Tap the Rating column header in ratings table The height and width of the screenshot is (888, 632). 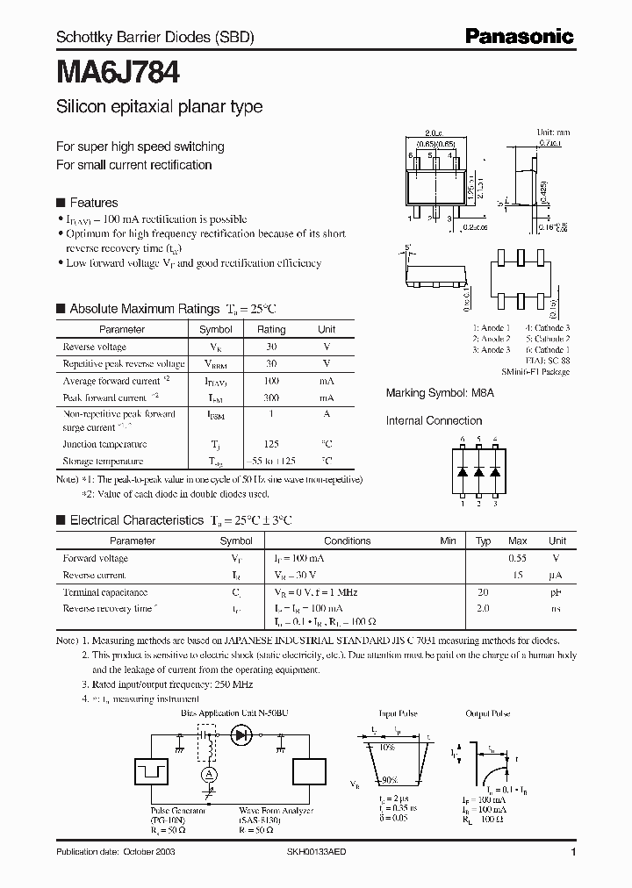pos(271,329)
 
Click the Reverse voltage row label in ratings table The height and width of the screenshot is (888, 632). pos(95,347)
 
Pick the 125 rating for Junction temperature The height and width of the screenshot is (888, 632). pos(271,444)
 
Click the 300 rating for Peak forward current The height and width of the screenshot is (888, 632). pos(271,397)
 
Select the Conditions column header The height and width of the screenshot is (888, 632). pos(348,541)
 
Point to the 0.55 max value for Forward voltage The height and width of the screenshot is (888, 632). pos(518,558)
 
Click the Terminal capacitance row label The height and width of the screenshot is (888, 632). pos(105,592)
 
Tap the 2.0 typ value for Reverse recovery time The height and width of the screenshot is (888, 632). pos(483,608)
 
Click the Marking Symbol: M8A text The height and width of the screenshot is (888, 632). pos(440,394)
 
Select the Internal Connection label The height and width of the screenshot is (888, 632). pos(434,420)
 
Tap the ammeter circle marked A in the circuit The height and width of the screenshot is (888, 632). pos(210,773)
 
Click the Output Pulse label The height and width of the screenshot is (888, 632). pos(488,713)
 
